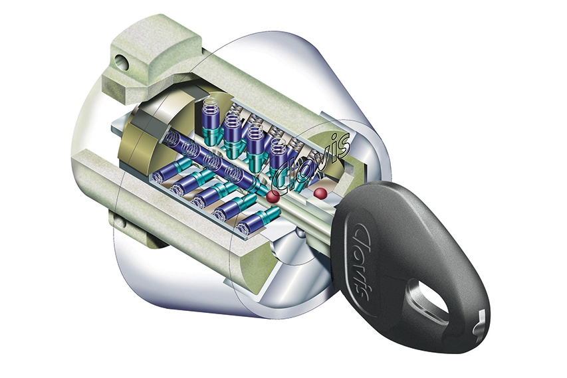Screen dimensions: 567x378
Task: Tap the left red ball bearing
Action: click(273, 197)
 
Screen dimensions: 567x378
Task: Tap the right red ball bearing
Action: click(320, 193)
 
